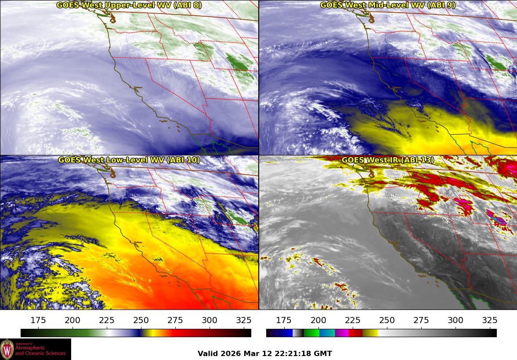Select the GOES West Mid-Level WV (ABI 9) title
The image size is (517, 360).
(388, 5)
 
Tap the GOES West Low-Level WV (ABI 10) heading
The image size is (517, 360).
(129, 160)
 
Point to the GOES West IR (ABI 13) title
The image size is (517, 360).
(388, 160)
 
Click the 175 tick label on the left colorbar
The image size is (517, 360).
(38, 320)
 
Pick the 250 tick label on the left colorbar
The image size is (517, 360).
(141, 320)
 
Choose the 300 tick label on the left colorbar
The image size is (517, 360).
(210, 320)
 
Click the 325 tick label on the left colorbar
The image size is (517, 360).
(244, 320)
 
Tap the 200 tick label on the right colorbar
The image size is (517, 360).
(318, 320)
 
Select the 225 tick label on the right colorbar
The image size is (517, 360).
(352, 320)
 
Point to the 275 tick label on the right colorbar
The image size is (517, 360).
(421, 320)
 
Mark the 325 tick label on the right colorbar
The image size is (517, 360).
(489, 320)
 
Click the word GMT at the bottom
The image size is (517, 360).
(323, 353)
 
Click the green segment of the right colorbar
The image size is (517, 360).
(311, 333)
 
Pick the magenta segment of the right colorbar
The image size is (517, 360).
(342, 333)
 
